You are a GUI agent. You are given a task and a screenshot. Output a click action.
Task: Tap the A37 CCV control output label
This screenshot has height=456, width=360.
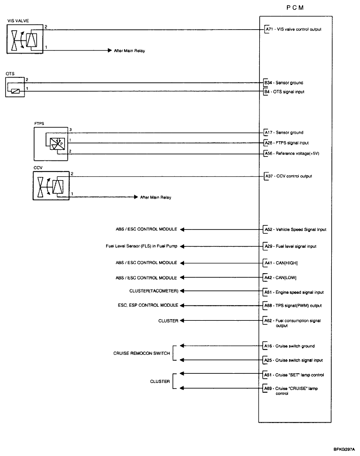click(x=287, y=176)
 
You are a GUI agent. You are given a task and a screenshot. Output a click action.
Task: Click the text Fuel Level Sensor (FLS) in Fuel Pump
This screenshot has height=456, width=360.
click(x=141, y=246)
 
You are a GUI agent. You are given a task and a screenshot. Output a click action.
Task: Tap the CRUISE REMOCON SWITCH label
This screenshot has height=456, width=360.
click(x=141, y=353)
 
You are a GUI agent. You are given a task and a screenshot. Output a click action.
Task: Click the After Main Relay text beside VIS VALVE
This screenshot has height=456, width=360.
click(x=129, y=51)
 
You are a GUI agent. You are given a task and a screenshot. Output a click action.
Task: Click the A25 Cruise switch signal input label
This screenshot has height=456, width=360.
click(x=293, y=360)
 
